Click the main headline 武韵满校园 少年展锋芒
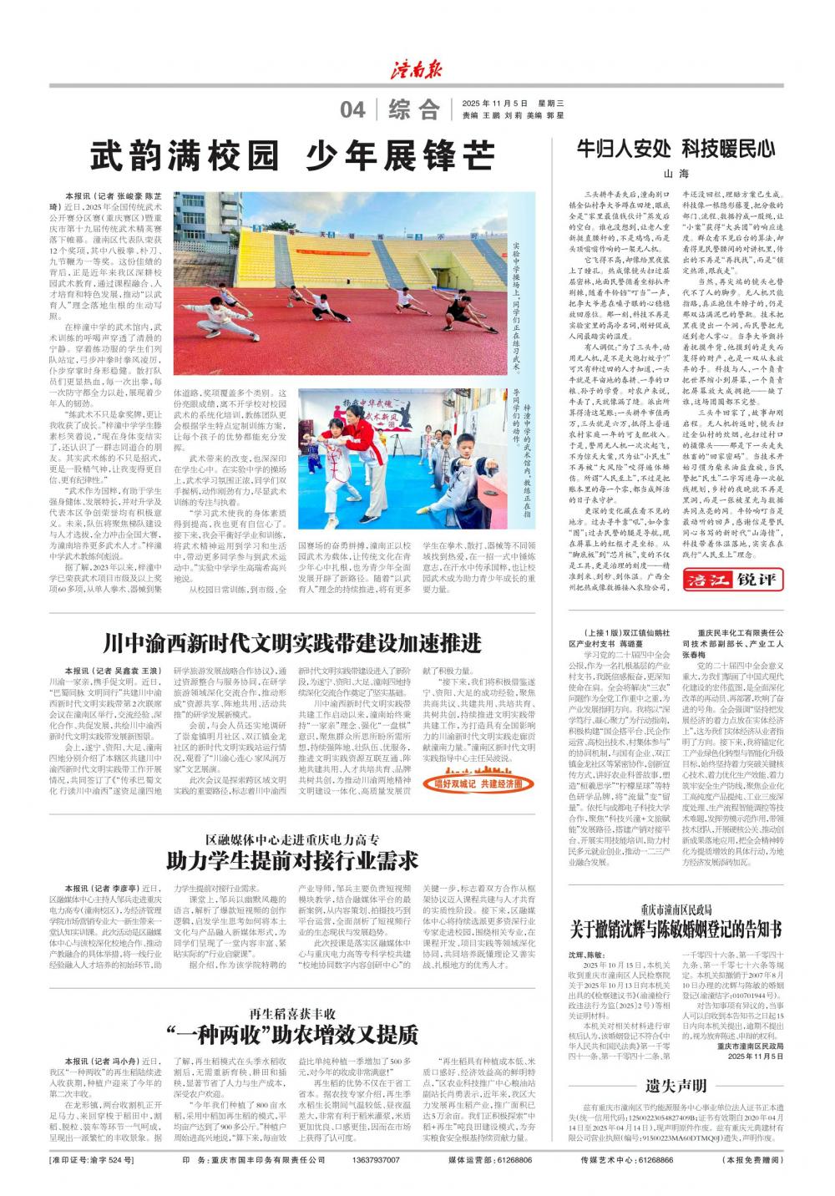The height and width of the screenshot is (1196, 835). point(292,156)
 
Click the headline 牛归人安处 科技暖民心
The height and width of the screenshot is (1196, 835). point(676,149)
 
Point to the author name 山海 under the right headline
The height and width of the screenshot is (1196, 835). point(676,175)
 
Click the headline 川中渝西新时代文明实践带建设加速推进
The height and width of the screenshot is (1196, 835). point(292,643)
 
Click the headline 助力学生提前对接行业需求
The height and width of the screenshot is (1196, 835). point(292,859)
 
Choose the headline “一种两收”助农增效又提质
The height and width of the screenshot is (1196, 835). point(292,1035)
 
